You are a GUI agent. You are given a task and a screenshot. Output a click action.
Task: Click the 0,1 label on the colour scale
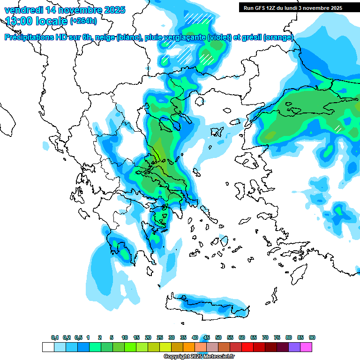[54, 337]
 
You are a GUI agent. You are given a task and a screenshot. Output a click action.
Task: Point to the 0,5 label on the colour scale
[78, 337]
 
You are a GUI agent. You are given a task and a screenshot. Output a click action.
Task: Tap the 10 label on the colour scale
[125, 337]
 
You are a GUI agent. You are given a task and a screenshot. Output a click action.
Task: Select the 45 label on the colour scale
[207, 337]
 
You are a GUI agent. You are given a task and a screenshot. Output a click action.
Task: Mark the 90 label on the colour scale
[312, 337]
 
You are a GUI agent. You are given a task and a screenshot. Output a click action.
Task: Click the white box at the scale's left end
[48, 347]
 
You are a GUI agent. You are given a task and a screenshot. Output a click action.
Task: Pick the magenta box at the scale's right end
[306, 347]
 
